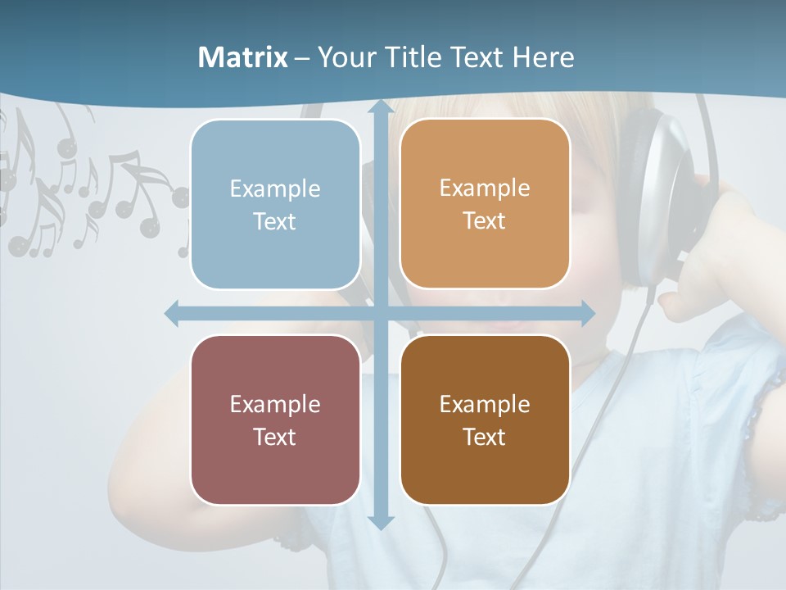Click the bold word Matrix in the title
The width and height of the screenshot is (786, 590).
tap(242, 57)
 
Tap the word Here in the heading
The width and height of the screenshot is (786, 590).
tap(543, 57)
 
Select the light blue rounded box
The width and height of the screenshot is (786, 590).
tap(275, 204)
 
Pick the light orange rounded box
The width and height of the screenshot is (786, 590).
tap(485, 204)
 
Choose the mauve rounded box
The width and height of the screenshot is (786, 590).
tap(275, 420)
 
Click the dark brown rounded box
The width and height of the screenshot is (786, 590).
tap(485, 420)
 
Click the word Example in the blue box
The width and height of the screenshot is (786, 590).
tap(275, 189)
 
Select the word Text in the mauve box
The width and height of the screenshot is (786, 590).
tap(275, 437)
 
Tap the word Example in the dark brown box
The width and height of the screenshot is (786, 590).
tap(485, 404)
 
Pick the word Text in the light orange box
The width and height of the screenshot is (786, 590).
tap(485, 221)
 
